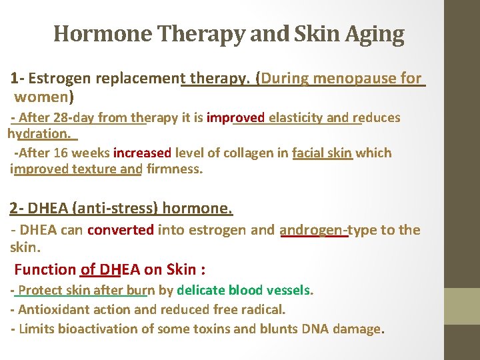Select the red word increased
(142, 153)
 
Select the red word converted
(121, 230)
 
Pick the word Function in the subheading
(45, 269)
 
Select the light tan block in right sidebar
(462, 306)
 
